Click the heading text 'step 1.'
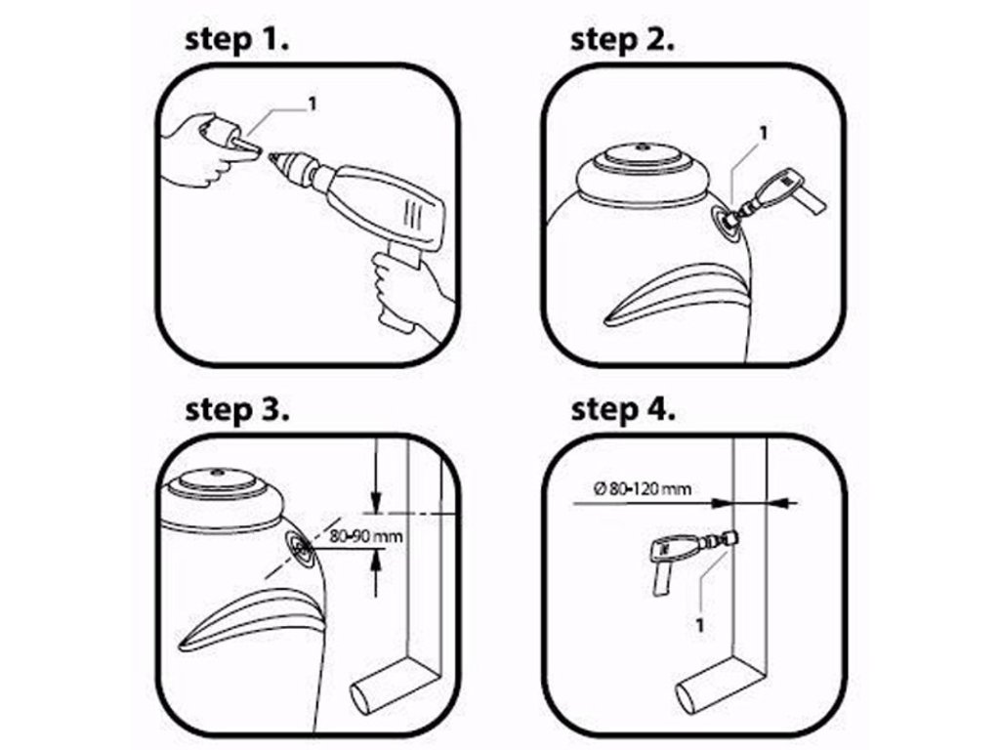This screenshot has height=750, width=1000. pyautogui.click(x=236, y=39)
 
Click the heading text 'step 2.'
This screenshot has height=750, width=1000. pyautogui.click(x=622, y=39)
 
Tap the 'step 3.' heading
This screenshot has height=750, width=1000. pyautogui.click(x=237, y=410)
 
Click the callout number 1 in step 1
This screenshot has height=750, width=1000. pyautogui.click(x=312, y=104)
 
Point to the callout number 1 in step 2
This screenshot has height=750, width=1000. pyautogui.click(x=764, y=133)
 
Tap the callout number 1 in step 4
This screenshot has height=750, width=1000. pyautogui.click(x=699, y=624)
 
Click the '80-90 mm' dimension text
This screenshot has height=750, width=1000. pyautogui.click(x=366, y=536)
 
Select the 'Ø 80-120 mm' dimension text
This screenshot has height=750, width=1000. pyautogui.click(x=643, y=489)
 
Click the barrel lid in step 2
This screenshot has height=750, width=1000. pyautogui.click(x=644, y=156)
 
